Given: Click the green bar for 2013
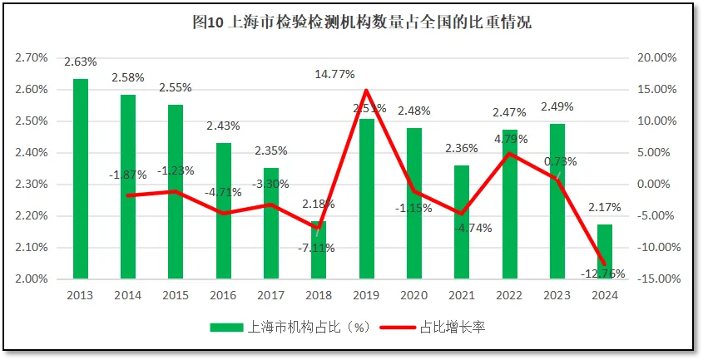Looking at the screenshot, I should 81,179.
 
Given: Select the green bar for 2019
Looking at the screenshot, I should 367,200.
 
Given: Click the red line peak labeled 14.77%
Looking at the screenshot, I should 367,90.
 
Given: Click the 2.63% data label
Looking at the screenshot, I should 81,62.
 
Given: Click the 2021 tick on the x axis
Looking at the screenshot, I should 462,294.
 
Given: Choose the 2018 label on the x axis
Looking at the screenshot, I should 319,294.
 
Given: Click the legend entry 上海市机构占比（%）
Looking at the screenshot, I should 287,328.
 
